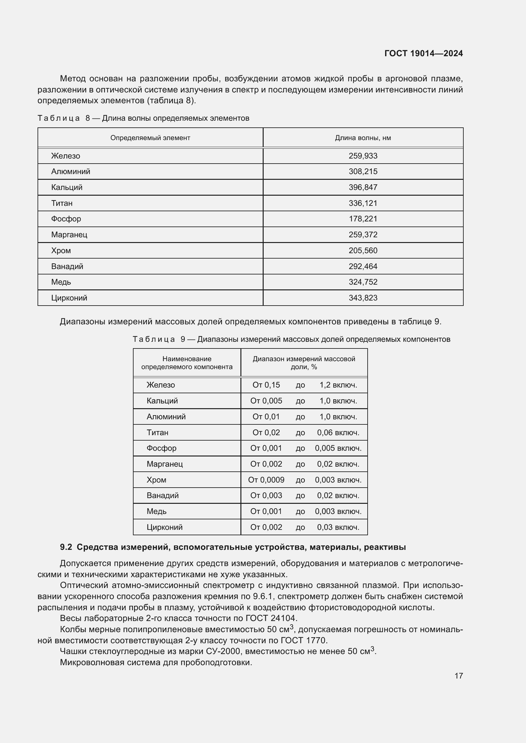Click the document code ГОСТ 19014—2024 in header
tap(423, 53)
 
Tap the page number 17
tap(459, 676)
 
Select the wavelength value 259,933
tap(363, 156)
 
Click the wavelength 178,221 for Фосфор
tap(363, 219)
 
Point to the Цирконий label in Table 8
tap(69, 298)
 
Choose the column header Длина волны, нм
tap(363, 138)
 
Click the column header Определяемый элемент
tap(150, 138)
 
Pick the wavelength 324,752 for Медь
tap(363, 282)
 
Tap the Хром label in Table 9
tap(156, 480)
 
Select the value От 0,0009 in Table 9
tap(266, 480)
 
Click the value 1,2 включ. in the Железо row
tap(338, 385)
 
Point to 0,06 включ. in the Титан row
tap(338, 432)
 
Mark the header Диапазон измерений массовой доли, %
tap(304, 363)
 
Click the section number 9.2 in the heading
tap(66, 547)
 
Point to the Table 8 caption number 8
tap(88, 118)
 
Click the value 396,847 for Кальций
tap(363, 187)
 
